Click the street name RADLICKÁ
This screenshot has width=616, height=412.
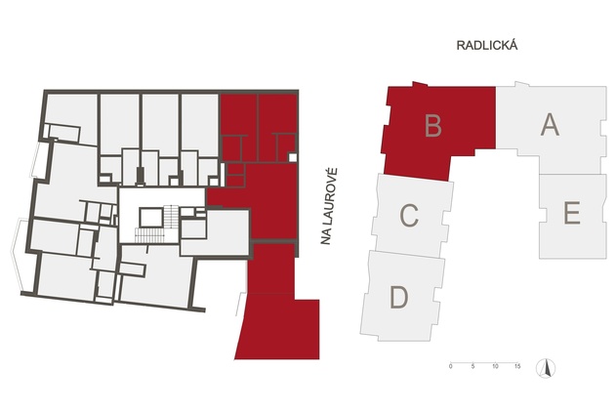[x=487, y=45]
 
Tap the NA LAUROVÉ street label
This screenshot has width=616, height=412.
[x=328, y=207]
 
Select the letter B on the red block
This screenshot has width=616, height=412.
[x=433, y=125]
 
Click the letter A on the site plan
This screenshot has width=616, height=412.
[x=550, y=124]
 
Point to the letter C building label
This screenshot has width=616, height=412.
[x=409, y=216]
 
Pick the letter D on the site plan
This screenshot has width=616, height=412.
[x=398, y=297]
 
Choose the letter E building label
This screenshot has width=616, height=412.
[x=572, y=213]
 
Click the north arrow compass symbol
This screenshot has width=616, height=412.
[x=546, y=369]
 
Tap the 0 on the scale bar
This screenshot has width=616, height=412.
[x=451, y=366]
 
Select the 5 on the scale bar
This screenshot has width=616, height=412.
[x=473, y=366]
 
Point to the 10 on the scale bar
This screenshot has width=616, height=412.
[x=495, y=366]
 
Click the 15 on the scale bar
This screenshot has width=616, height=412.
[x=517, y=366]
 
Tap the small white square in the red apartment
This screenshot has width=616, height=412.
[x=293, y=157]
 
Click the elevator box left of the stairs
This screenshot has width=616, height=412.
[x=151, y=218]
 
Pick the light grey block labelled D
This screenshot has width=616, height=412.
[x=402, y=296]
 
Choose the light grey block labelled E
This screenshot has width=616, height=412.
[x=572, y=216]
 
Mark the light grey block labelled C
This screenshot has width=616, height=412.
[x=413, y=216]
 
